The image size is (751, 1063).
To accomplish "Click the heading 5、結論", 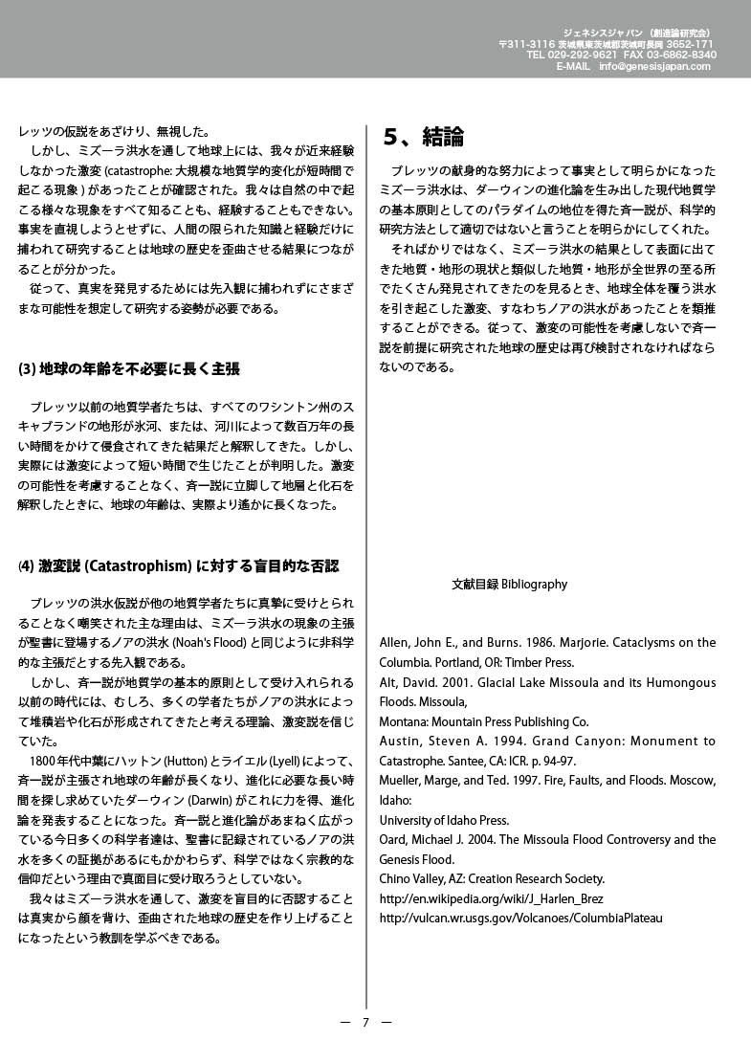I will point(423,137).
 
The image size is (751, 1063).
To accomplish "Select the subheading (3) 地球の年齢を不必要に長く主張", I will point(129,368).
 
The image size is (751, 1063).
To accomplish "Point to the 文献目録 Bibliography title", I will point(509,584).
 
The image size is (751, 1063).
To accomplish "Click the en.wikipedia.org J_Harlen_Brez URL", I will point(492,898).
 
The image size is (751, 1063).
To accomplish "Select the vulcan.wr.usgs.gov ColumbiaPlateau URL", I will point(521,918).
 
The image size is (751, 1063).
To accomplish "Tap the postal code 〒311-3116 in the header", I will point(527,44).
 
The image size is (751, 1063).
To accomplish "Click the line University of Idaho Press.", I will point(442,820).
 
